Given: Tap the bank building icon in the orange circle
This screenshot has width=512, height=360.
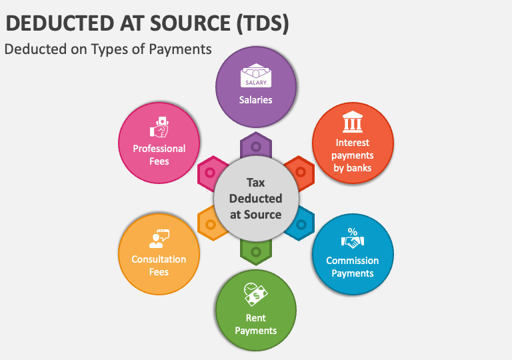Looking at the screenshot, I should [353, 123].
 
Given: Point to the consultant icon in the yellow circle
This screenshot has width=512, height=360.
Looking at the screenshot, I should [159, 238].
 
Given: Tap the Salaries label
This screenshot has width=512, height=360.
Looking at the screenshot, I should [256, 100].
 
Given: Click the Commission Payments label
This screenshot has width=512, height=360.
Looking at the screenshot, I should [353, 267].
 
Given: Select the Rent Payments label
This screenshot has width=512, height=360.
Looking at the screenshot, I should [256, 324].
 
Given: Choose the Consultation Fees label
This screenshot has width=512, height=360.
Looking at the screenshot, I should [159, 265].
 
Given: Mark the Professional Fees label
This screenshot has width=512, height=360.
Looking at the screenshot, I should [159, 155].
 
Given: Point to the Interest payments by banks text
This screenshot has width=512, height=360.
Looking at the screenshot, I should [353, 155].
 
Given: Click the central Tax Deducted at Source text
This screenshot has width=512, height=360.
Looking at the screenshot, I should [255, 198].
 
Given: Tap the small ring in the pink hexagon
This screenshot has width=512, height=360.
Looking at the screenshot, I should [211, 173].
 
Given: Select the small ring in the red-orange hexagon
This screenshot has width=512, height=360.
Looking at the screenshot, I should [301, 173].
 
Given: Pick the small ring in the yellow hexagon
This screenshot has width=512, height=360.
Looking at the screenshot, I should [211, 225].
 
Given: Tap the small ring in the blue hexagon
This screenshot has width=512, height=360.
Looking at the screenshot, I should [301, 225].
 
